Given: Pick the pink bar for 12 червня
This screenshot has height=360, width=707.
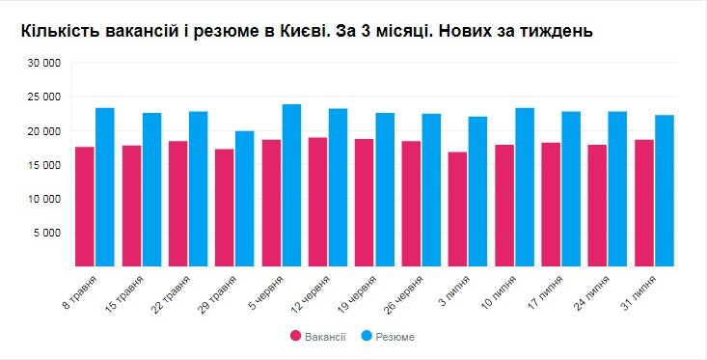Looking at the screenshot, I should click(x=317, y=202).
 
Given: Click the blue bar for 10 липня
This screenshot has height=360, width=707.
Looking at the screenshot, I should click(x=525, y=187).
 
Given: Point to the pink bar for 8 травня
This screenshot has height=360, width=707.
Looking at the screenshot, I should click(x=84, y=207).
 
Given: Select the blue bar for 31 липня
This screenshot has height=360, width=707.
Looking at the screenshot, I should click(x=665, y=191).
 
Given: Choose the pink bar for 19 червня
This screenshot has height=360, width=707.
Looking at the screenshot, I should click(x=364, y=203).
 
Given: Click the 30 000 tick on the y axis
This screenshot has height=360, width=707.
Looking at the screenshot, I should click(x=44, y=64).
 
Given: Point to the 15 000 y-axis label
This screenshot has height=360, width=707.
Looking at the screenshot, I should click(x=44, y=165).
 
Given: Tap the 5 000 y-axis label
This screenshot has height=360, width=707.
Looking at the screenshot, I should click(x=47, y=233).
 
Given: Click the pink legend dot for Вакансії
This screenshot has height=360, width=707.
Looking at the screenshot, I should click(x=295, y=336).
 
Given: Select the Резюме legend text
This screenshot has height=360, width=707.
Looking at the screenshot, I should click(x=395, y=336).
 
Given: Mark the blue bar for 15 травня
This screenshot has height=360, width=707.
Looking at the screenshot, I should click(x=152, y=190).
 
